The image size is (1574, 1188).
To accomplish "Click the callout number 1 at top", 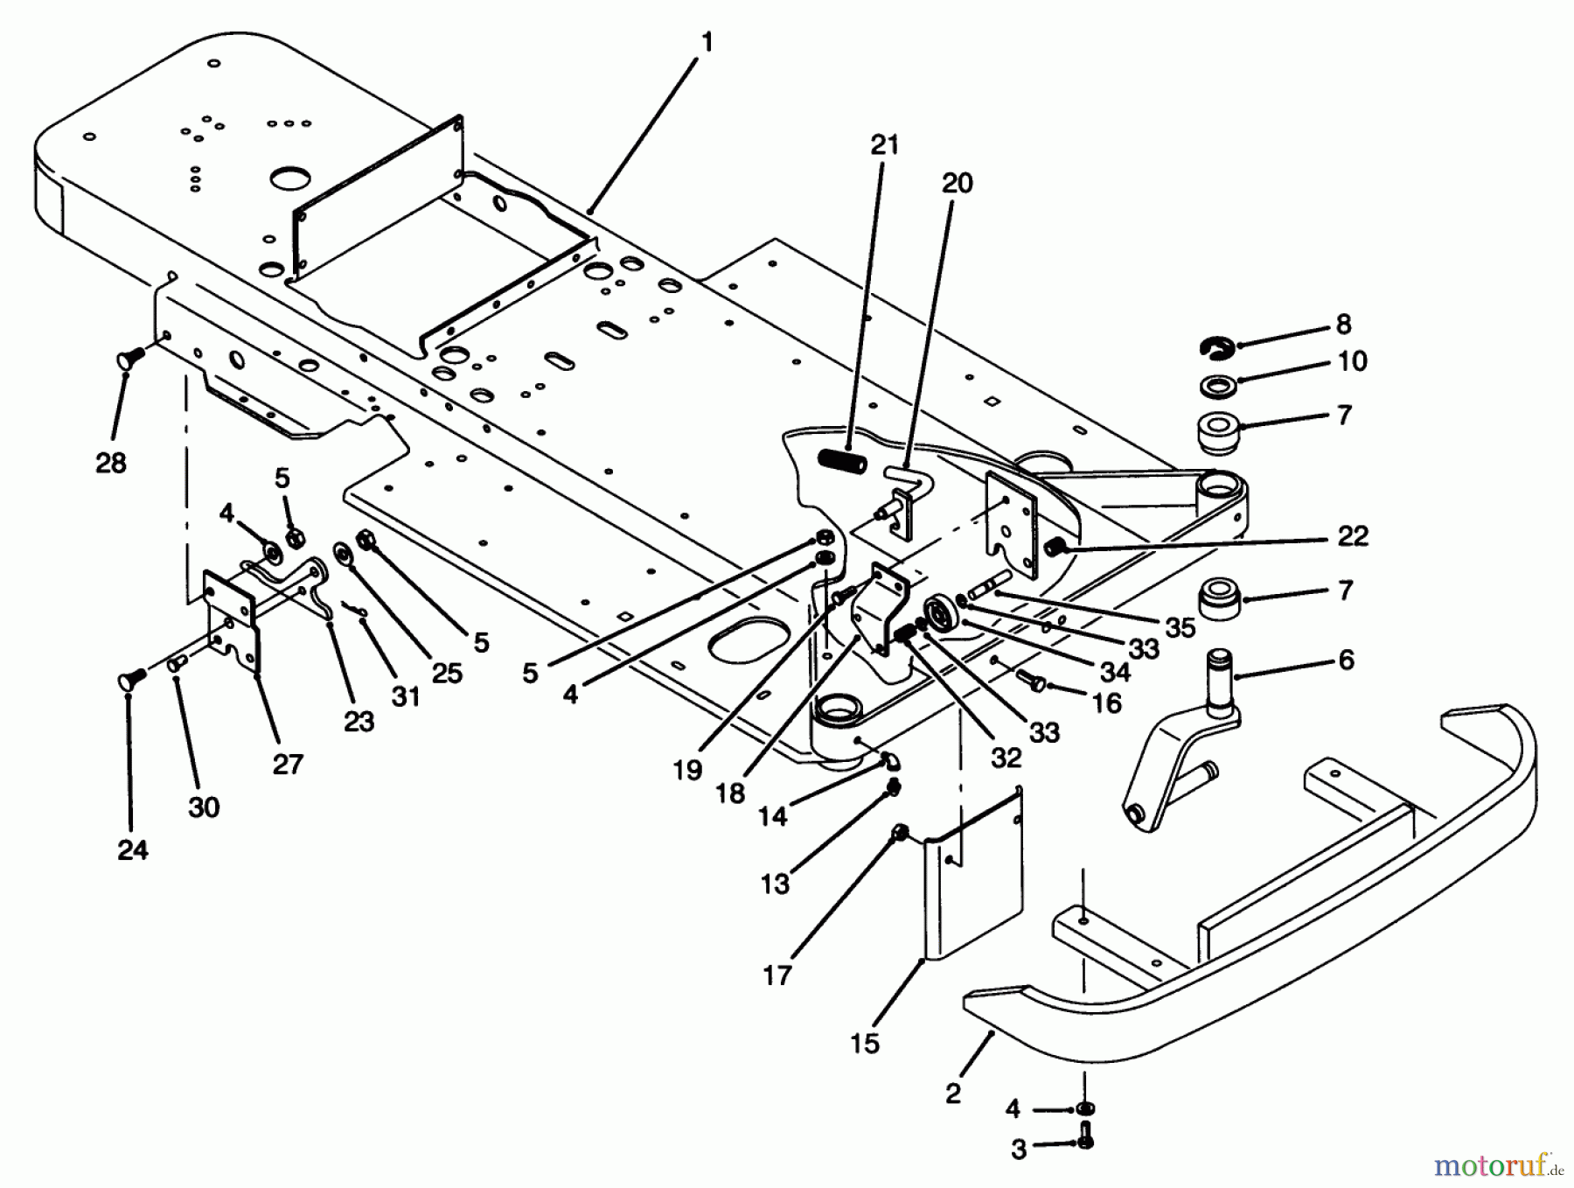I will point(707,41).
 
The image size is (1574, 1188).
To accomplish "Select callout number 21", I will point(884,144).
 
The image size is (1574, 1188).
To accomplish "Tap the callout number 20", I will point(957,183).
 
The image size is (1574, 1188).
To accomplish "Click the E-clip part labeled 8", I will point(1215,347).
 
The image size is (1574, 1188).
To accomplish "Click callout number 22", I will point(1352,535).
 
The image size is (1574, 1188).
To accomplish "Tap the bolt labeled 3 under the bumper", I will point(1086,1141).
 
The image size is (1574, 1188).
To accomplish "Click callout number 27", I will point(287,764).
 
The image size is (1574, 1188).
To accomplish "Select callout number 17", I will point(777,974).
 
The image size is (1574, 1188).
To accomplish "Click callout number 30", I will point(203,806).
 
